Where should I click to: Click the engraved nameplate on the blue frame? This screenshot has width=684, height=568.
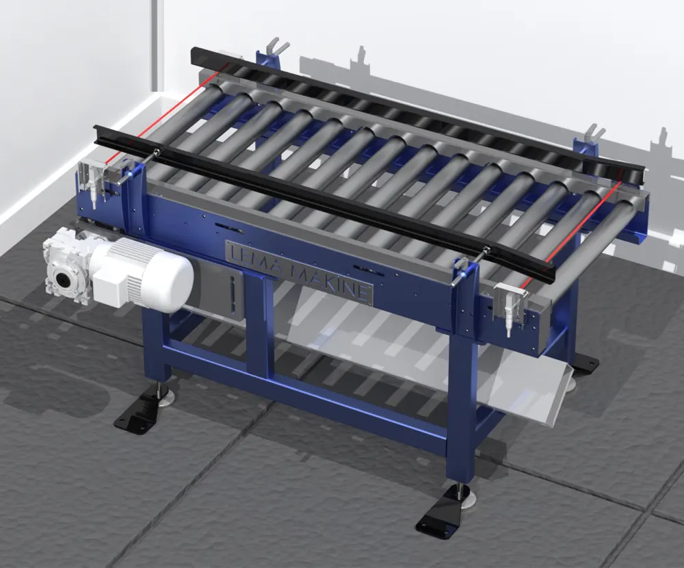coord(300,270)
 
